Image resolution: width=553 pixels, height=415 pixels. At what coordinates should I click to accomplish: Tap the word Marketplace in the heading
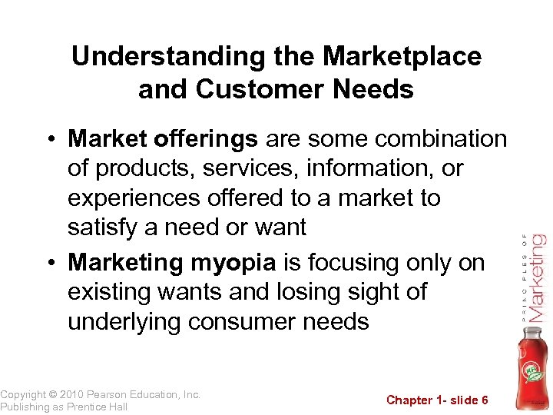point(402,56)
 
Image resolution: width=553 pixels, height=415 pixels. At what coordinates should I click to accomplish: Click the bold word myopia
point(233,262)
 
